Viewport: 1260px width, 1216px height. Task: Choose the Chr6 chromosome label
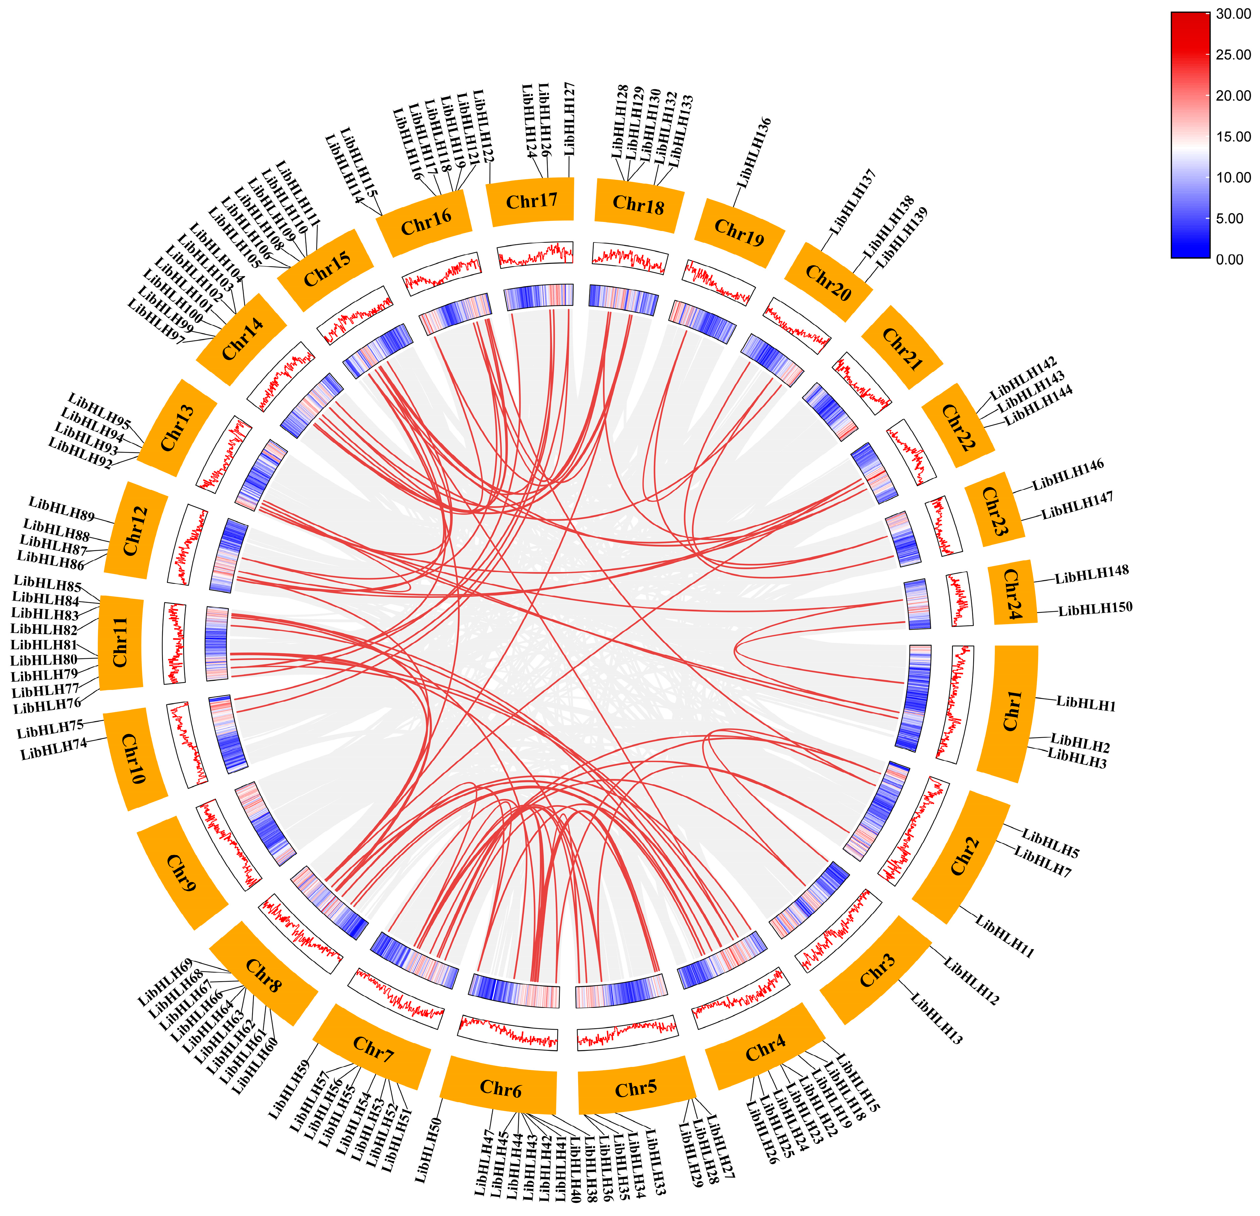coord(500,1088)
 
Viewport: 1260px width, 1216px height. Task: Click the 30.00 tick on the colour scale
coord(1233,14)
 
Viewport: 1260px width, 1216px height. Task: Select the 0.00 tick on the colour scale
coord(1229,260)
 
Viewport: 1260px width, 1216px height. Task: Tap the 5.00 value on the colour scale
coord(1229,219)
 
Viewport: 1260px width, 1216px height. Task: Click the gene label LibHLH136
coord(753,153)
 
